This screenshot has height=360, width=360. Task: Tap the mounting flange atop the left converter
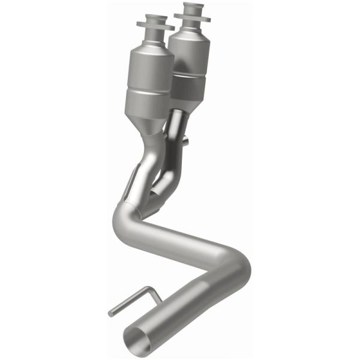(x=155, y=25)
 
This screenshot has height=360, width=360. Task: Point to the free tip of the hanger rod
(x=111, y=313)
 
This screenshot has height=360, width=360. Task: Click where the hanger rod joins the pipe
(x=161, y=300)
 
